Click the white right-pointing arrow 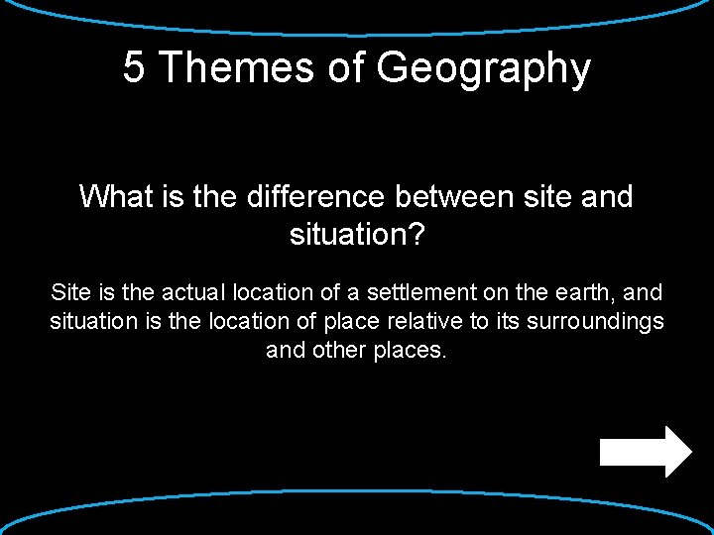tap(646, 452)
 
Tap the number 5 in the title tap(134, 68)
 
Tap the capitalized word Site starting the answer tap(69, 292)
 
